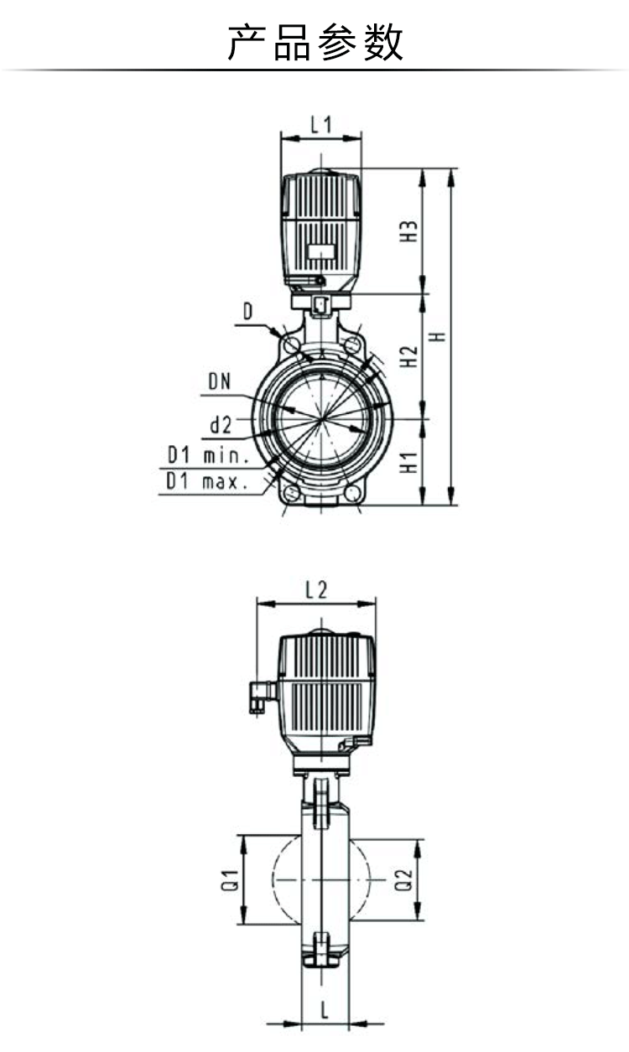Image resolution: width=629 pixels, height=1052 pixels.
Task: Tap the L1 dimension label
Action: point(321,124)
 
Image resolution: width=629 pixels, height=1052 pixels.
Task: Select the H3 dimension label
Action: point(408,231)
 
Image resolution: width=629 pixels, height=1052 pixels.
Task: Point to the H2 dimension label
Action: point(408,356)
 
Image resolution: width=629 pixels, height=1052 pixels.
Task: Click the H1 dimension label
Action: point(408,463)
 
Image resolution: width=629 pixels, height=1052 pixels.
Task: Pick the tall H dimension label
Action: point(439,337)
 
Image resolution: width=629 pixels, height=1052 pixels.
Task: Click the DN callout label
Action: point(220,381)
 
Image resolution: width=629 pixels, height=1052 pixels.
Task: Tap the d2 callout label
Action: point(221,425)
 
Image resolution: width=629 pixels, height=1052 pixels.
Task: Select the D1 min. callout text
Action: point(209,455)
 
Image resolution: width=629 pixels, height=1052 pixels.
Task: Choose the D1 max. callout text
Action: point(207,481)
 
